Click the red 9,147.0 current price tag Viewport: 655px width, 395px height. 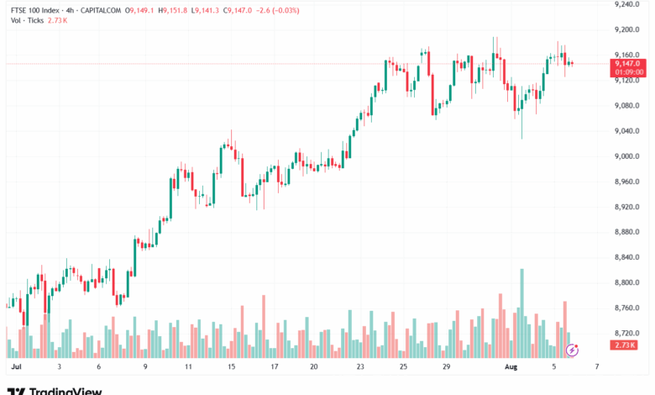pyautogui.click(x=627, y=63)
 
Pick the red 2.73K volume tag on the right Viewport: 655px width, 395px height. pyautogui.click(x=626, y=345)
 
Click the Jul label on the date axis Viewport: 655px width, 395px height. pyautogui.click(x=15, y=367)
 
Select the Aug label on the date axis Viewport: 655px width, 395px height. pyautogui.click(x=510, y=367)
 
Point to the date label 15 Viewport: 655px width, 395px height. pyautogui.click(x=230, y=367)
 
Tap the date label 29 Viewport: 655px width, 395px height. pyautogui.click(x=447, y=367)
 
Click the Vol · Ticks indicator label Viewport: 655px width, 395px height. pyautogui.click(x=28, y=20)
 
